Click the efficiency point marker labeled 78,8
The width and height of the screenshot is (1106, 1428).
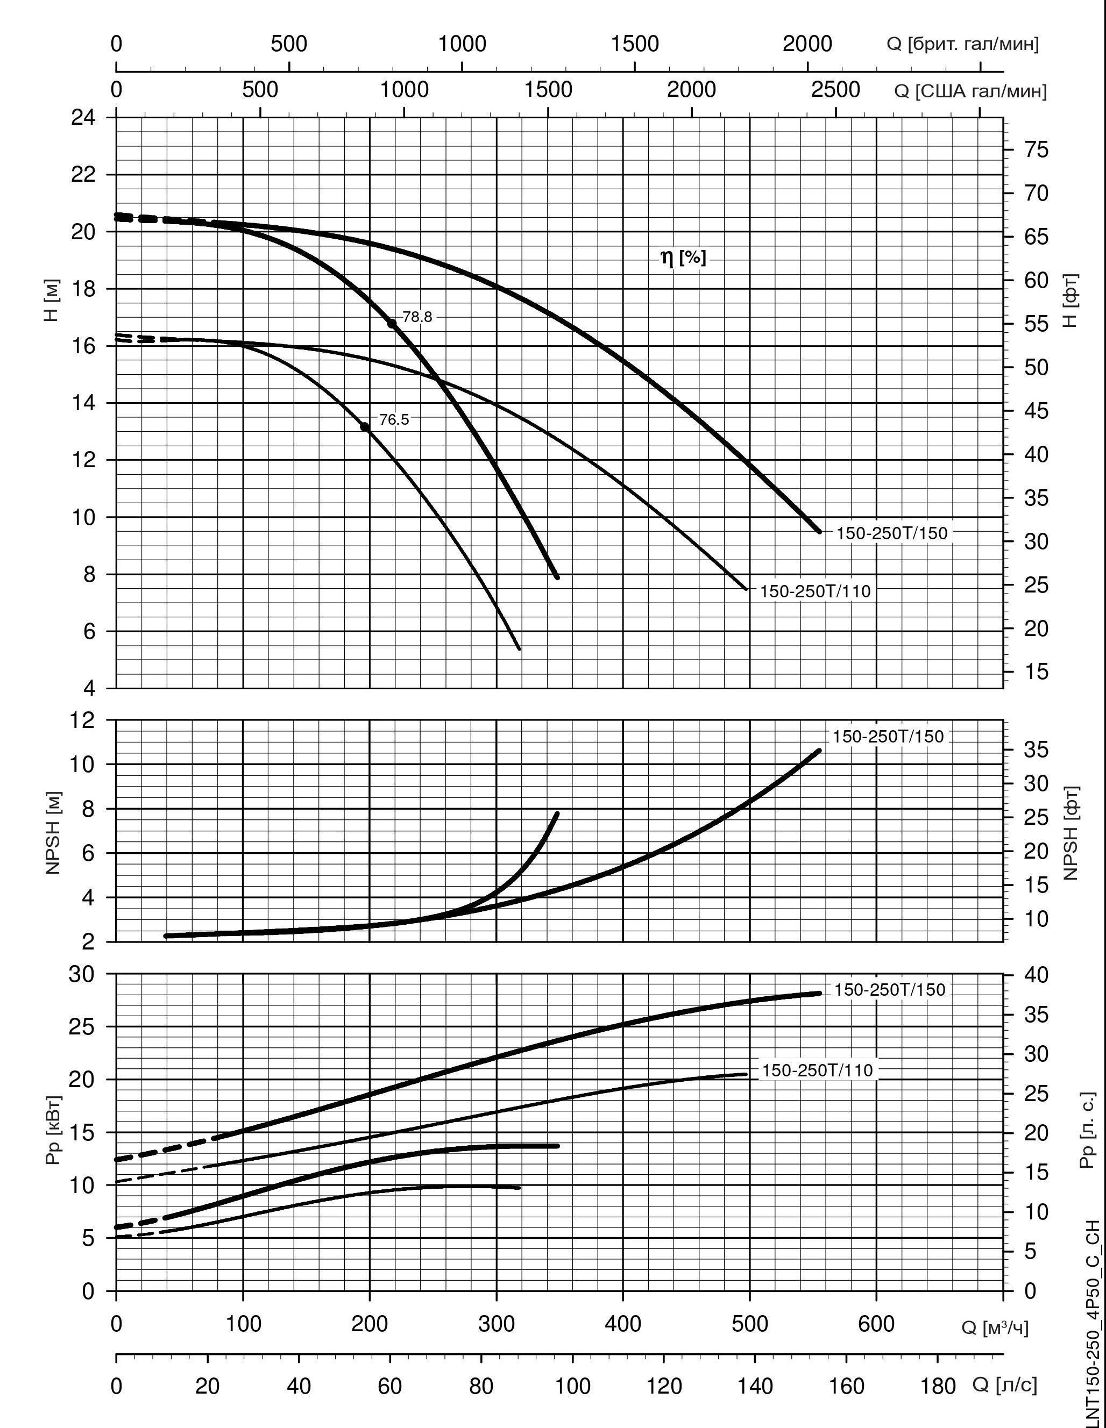click(x=392, y=323)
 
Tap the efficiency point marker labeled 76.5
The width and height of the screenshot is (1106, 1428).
click(x=365, y=427)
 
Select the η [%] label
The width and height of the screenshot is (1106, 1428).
click(x=684, y=258)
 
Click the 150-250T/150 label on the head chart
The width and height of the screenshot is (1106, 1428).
click(x=891, y=533)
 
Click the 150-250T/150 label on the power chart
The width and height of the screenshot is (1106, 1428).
click(x=890, y=990)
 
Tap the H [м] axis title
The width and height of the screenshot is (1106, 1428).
click(x=52, y=300)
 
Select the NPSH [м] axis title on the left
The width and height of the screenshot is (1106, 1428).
click(x=53, y=832)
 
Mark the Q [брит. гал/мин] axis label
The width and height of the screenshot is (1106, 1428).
click(x=962, y=45)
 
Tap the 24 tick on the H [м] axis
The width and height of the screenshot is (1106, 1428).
click(x=83, y=118)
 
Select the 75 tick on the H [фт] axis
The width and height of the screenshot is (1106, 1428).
click(x=1036, y=149)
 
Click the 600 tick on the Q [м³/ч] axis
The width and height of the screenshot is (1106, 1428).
click(x=876, y=1325)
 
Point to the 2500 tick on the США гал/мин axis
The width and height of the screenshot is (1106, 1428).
click(x=835, y=90)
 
